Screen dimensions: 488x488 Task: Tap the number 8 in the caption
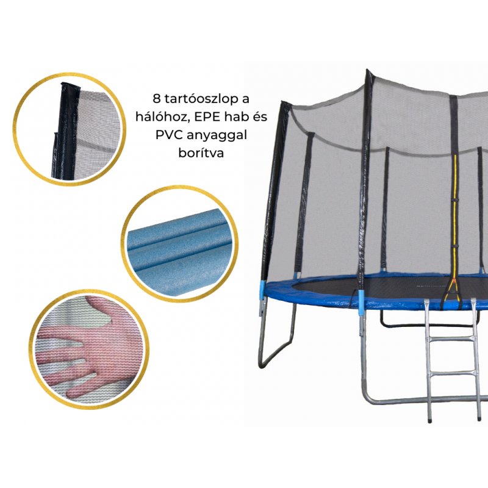[157, 99]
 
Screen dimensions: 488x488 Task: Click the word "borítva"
[201, 152]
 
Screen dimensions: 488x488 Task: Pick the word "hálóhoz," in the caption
[162, 117]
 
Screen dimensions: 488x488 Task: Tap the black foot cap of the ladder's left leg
[430, 420]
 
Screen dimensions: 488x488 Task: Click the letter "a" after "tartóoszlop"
[246, 100]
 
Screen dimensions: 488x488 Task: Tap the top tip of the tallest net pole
[367, 70]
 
